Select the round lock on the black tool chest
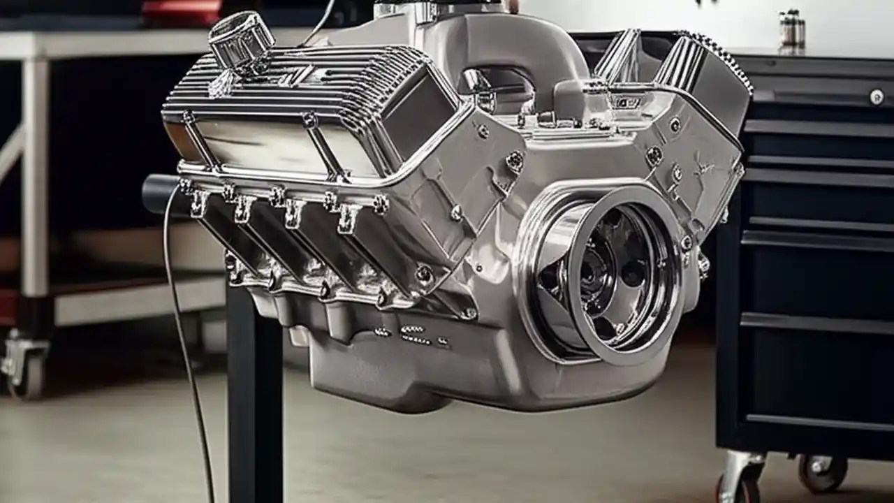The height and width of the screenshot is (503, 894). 876,97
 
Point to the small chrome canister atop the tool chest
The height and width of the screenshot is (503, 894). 792,29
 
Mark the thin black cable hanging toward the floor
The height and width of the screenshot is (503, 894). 187,363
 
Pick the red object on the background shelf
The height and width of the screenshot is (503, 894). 182,10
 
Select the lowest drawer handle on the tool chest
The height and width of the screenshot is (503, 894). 817,421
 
